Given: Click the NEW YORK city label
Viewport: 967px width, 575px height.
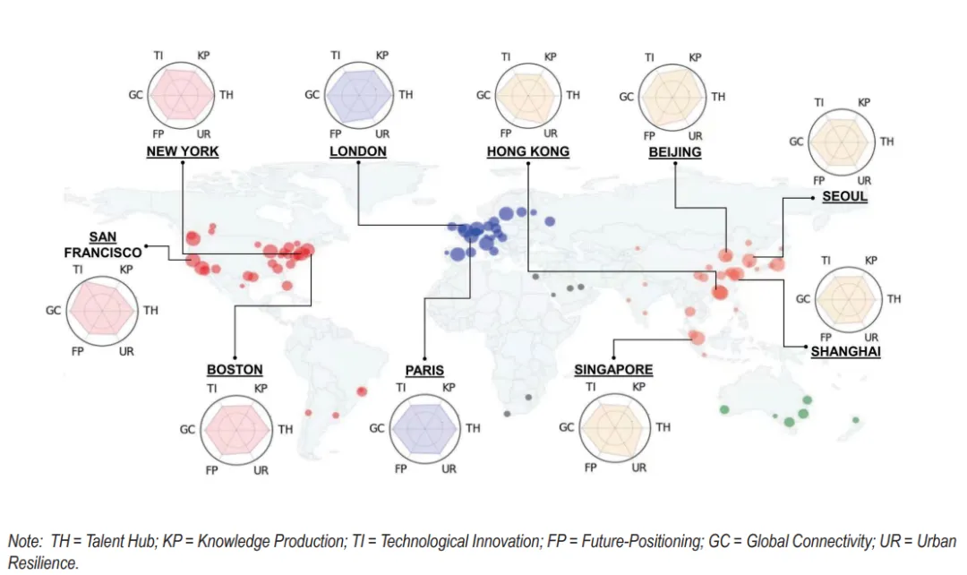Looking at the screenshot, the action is pyautogui.click(x=183, y=151).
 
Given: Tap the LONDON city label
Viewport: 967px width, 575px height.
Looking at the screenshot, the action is pyautogui.click(x=357, y=151).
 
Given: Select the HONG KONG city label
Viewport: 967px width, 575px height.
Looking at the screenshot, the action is pyautogui.click(x=528, y=151).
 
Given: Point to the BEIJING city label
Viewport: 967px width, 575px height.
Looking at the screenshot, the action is pyautogui.click(x=675, y=152).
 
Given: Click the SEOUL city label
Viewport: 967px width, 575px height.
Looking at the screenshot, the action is pyautogui.click(x=845, y=196).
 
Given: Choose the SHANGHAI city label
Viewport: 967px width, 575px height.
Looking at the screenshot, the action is pyautogui.click(x=845, y=352).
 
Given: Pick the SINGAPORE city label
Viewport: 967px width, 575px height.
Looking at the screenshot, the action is pyautogui.click(x=613, y=370).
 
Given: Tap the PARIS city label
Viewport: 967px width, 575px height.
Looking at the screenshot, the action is pyautogui.click(x=424, y=370).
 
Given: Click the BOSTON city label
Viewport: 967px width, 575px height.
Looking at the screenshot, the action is pyautogui.click(x=235, y=370).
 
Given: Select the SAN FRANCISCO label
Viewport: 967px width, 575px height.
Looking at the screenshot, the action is pyautogui.click(x=103, y=245).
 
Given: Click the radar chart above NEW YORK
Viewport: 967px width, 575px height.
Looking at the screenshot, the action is pyautogui.click(x=181, y=95).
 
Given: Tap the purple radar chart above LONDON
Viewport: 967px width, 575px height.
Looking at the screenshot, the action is pyautogui.click(x=358, y=95).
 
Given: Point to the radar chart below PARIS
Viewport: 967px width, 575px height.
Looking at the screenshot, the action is pyautogui.click(x=425, y=428).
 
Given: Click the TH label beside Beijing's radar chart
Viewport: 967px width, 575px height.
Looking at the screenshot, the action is pyautogui.click(x=718, y=97).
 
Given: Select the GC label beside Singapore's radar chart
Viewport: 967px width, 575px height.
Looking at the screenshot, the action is pyautogui.click(x=566, y=427).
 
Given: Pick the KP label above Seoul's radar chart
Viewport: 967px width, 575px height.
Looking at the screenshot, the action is pyautogui.click(x=863, y=102).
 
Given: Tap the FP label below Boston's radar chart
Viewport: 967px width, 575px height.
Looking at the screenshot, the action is pyautogui.click(x=211, y=470).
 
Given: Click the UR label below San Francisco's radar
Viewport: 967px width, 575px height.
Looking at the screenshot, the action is pyautogui.click(x=126, y=351).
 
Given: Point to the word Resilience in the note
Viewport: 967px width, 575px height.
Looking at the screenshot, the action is pyautogui.click(x=43, y=563).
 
